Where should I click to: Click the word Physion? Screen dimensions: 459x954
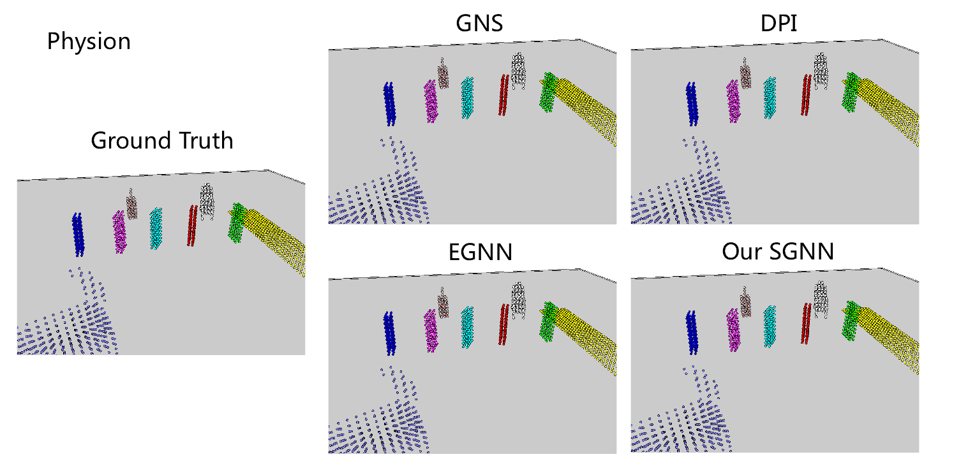[x=89, y=42]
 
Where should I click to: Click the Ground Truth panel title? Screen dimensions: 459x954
[x=162, y=140]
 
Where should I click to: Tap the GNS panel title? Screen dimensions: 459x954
[x=479, y=24]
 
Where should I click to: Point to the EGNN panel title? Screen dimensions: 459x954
[x=479, y=252]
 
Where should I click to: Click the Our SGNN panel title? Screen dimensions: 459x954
[x=778, y=252]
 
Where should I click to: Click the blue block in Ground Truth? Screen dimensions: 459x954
[x=78, y=234]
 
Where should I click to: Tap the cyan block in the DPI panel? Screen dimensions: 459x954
[x=771, y=98]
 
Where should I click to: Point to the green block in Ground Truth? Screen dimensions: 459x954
[x=237, y=222]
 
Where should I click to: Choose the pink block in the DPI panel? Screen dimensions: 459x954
[x=745, y=73]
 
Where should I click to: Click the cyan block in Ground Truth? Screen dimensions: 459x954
[x=156, y=228]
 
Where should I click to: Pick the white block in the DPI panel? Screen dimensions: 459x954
[x=821, y=70]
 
